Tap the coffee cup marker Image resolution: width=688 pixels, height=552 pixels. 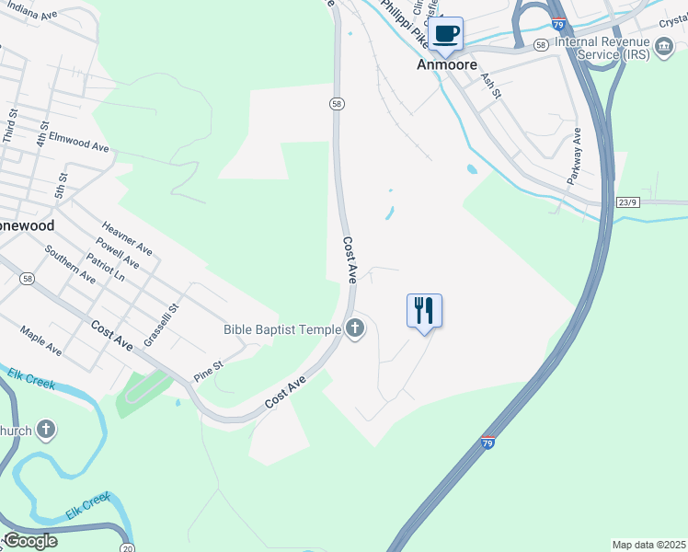(x=446, y=34)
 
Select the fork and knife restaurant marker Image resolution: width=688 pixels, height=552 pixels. (x=424, y=310)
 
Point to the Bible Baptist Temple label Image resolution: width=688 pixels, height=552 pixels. (x=282, y=328)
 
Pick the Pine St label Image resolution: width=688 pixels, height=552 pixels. (x=209, y=371)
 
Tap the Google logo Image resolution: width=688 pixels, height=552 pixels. (x=29, y=541)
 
